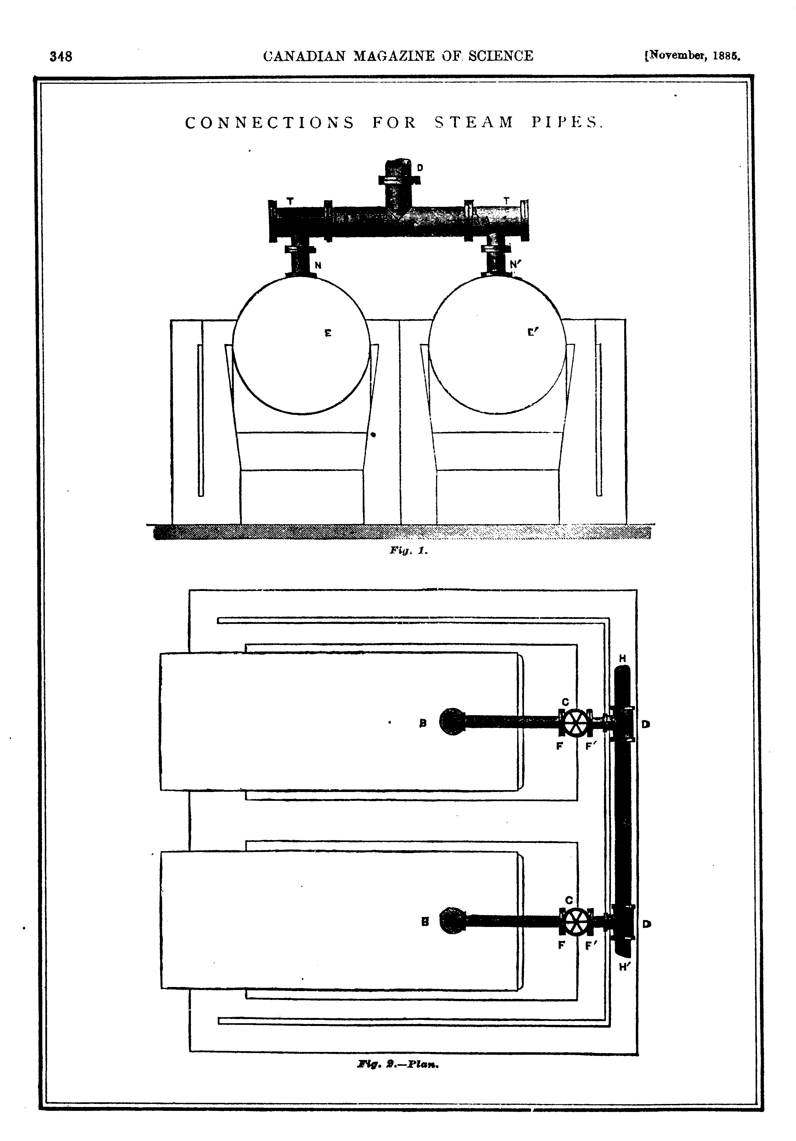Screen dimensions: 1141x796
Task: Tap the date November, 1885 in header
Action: tap(693, 56)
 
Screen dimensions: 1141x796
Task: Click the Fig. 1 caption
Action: tap(408, 551)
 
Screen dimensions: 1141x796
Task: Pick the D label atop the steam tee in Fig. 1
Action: tap(420, 168)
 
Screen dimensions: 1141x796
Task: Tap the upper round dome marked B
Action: tap(452, 721)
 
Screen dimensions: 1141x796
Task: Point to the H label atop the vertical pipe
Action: tap(623, 658)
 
